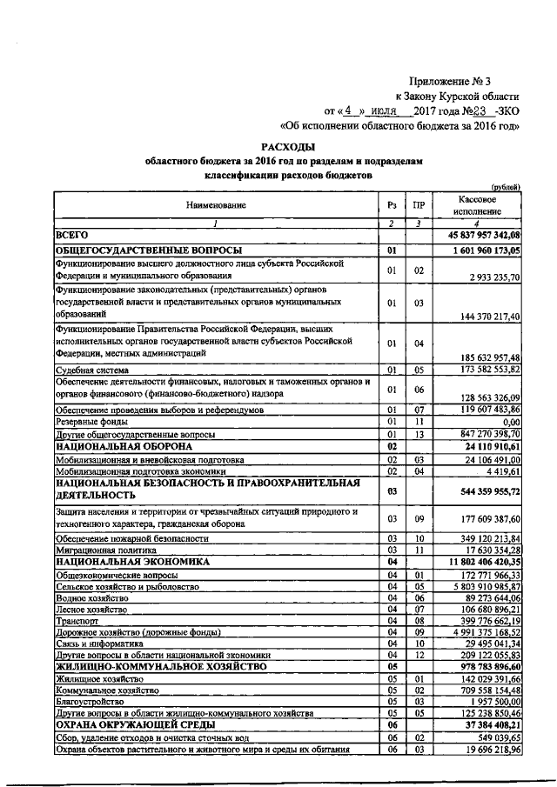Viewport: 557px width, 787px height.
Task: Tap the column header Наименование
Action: [214, 205]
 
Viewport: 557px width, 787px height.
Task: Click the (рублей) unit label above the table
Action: [506, 186]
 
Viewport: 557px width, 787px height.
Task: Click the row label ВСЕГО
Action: [72, 236]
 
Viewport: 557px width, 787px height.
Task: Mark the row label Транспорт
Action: [77, 623]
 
